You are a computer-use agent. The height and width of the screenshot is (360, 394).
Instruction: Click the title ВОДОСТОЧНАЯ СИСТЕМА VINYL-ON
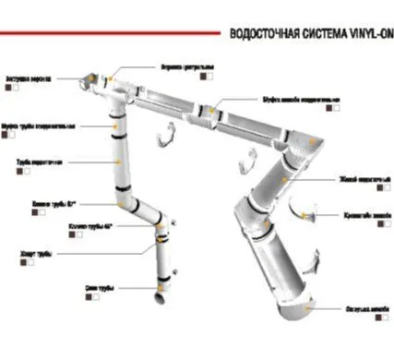pos(310,33)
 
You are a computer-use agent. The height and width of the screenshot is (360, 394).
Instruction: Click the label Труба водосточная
pos(38,162)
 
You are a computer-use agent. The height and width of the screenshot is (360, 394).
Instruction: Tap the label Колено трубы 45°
pos(90,226)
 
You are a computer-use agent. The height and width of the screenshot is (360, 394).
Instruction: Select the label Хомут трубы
pos(37,251)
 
